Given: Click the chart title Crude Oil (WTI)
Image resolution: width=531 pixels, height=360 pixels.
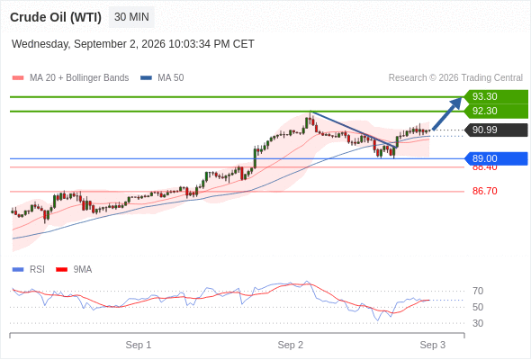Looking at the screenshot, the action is coord(56,17).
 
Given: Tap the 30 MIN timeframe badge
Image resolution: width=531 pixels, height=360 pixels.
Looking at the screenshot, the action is coord(131,17).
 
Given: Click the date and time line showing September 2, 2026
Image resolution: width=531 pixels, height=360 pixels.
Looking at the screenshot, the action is coord(133,44).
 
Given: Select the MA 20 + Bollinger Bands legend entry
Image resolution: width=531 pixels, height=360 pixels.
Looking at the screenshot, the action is coord(70,78).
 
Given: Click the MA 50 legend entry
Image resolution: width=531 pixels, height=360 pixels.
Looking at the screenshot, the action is coord(162,78).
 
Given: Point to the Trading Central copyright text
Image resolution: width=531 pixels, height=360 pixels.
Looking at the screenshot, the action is coord(455,78).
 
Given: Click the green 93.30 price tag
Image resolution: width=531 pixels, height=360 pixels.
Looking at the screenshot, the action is coord(496,96).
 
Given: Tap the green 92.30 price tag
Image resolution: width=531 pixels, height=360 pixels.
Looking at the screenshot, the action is coord(496,111).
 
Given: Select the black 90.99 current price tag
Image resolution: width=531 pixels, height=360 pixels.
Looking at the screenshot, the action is coord(497,130).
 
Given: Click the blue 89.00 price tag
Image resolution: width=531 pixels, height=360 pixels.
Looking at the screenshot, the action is coord(496,158).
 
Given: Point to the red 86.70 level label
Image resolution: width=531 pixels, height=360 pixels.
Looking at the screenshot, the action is coord(484,191).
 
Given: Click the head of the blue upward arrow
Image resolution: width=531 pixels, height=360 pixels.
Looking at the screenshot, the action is coord(462,97).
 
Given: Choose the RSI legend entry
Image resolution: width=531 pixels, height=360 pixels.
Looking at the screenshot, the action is coord(28,269).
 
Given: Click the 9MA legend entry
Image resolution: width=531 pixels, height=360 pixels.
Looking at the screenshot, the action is coord(74,269).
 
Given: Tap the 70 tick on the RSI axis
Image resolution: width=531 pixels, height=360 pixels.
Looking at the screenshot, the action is coord(478,291).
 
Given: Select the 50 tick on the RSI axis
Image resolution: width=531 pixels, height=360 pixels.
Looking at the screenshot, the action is coord(478,307).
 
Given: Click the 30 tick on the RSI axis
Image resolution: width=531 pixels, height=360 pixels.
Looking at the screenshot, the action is coord(478,323).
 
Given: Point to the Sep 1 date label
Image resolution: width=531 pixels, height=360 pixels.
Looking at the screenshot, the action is coord(139,345).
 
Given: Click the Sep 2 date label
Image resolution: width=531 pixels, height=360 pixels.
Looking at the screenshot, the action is coord(290,345).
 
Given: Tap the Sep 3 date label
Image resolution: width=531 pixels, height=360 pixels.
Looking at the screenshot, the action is coord(433,345).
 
